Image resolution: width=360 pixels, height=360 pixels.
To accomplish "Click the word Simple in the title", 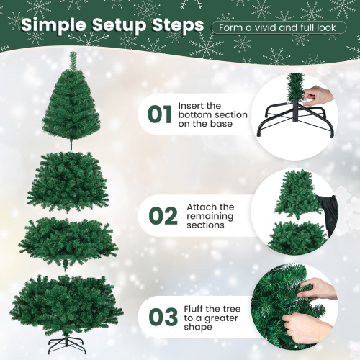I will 54,27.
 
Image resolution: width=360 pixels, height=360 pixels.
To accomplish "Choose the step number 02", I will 163,216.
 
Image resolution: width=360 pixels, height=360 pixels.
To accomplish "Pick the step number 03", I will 163,316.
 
